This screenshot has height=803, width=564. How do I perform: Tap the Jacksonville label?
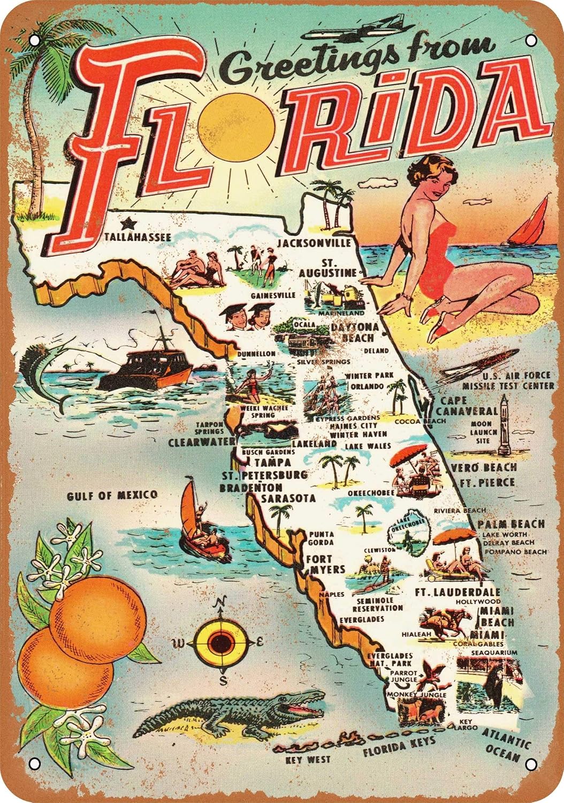314,243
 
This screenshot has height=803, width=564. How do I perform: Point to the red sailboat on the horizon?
530,225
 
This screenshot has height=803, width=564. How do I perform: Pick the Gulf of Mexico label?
112,496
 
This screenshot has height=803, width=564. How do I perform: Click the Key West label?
308,759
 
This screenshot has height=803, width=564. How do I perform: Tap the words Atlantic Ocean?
506,744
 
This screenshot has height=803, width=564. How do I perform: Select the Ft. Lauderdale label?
458,592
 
